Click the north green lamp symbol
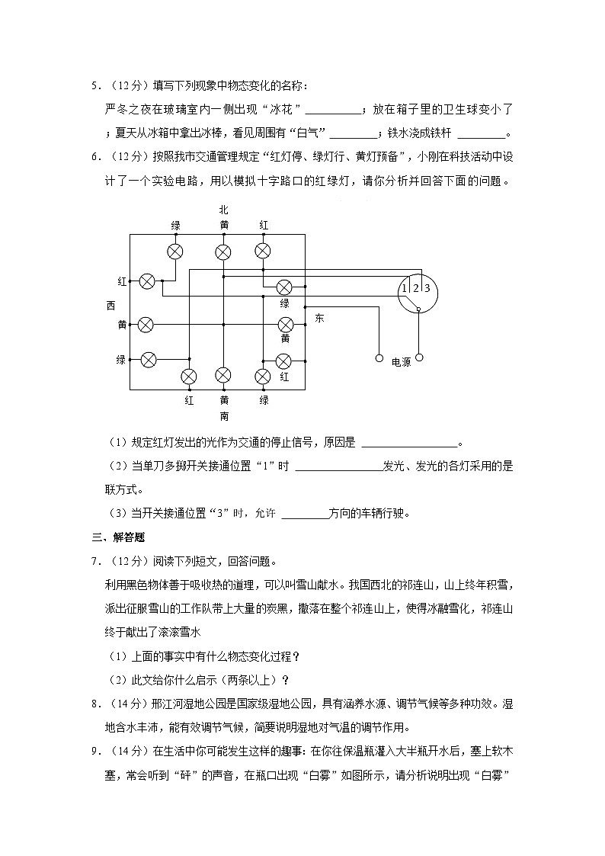tap(175, 252)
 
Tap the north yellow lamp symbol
tap(223, 252)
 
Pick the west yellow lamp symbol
tap(145, 325)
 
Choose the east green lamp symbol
tap(284, 287)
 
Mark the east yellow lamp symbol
tap(286, 325)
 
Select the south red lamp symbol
tap(188, 376)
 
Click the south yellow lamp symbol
tap(223, 375)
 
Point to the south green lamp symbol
tap(263, 376)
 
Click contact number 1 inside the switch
tap(405, 287)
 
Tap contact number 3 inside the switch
tap(427, 287)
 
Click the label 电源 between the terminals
tap(401, 362)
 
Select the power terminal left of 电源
tap(379, 357)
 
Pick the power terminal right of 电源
tap(418, 357)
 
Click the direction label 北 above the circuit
tap(223, 210)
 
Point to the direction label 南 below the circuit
tap(224, 416)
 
